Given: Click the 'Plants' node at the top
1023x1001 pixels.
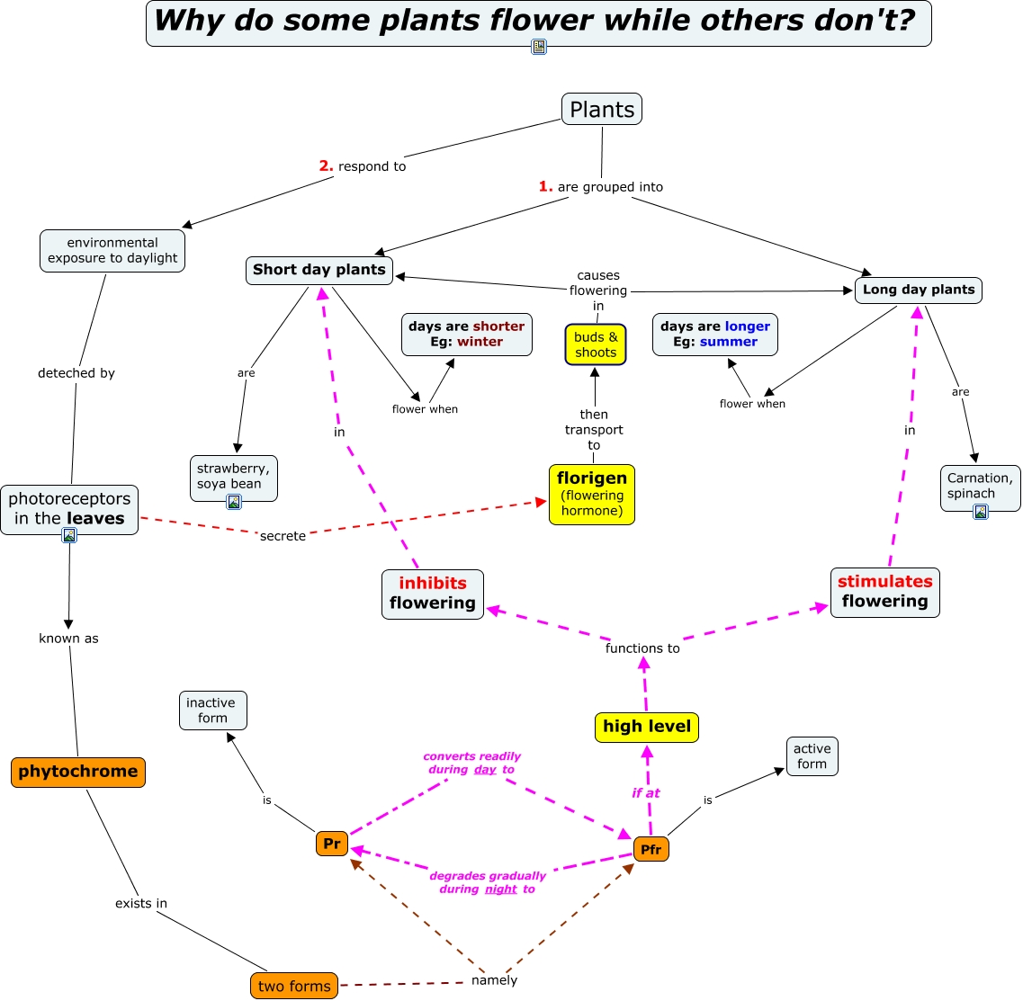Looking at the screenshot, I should click(602, 110).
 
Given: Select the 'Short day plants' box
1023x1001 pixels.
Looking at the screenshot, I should click(319, 270).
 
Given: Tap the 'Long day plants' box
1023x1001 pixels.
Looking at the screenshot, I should click(918, 290).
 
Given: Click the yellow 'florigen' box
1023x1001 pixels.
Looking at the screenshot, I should click(592, 494).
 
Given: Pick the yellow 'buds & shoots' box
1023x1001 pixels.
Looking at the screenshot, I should click(596, 344).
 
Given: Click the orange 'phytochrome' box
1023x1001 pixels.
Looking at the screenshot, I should click(78, 772).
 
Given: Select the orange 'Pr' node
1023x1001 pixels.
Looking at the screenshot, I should click(332, 843).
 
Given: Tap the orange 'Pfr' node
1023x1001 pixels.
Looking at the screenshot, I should click(651, 849).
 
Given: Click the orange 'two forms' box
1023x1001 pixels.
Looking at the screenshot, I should click(294, 986).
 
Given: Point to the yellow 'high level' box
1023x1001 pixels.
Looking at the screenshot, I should click(647, 727).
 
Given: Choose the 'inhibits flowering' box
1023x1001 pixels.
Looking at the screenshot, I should click(433, 594).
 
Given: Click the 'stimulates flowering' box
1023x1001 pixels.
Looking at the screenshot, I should click(884, 592).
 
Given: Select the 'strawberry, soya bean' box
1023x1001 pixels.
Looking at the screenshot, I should click(233, 476).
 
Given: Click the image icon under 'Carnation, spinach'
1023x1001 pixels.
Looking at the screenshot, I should click(981, 512).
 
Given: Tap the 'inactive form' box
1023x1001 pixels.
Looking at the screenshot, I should click(212, 711).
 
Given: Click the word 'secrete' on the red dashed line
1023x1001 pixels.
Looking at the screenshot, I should click(283, 536).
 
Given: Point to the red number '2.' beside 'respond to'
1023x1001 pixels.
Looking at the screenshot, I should click(326, 165).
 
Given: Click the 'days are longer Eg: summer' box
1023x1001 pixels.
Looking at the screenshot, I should click(714, 335).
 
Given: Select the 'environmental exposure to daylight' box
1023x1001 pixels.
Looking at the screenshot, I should click(112, 250).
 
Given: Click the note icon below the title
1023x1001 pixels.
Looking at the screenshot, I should click(538, 47).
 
